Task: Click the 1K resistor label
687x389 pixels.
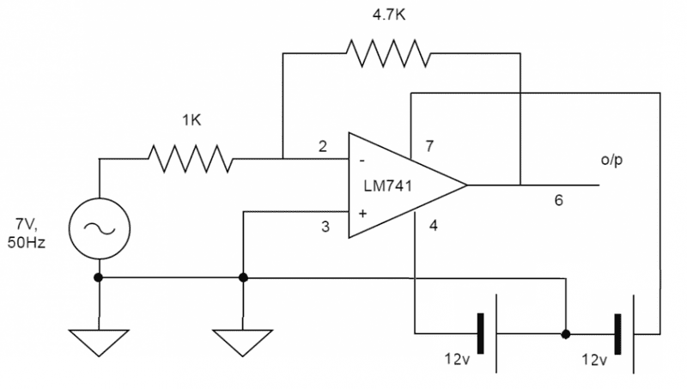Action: tap(192, 121)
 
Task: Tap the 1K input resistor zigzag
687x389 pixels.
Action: tap(190, 159)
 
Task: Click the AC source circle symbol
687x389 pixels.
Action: tap(99, 228)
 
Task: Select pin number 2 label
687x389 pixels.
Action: tap(323, 146)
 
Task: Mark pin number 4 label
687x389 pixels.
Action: tap(434, 228)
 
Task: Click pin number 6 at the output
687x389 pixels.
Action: tap(558, 201)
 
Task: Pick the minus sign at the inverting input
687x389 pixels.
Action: tap(363, 160)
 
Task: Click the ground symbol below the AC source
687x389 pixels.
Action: tap(99, 340)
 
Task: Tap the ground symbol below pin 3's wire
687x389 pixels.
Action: tap(244, 340)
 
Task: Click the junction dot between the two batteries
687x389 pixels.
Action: tap(565, 332)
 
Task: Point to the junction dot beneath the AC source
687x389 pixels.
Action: tap(99, 277)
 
